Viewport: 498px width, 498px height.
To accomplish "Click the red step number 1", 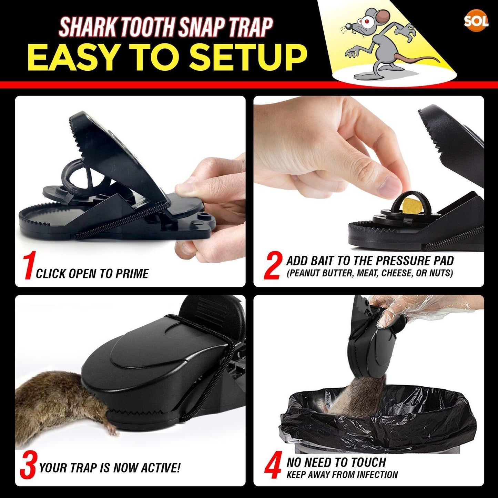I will click(29, 266).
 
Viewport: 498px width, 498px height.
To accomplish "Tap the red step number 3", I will click(28, 466).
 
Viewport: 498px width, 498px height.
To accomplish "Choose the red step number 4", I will click(273, 467).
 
